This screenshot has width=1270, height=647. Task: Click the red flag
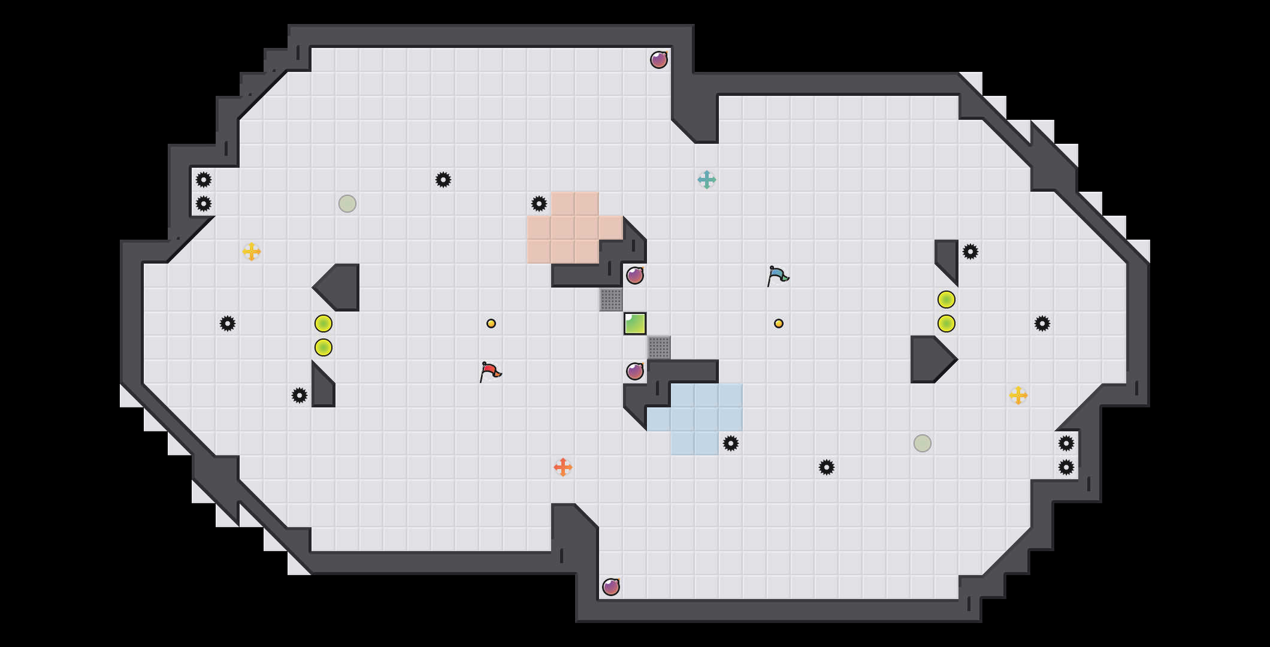pos(490,372)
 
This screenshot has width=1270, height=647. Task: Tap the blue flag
pos(778,276)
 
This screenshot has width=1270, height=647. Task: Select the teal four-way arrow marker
pos(707,180)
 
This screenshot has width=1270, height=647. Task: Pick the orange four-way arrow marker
pos(563,467)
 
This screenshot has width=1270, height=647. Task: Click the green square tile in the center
pos(635,323)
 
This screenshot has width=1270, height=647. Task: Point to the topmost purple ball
pos(659,60)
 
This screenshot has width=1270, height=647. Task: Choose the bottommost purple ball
pos(611,587)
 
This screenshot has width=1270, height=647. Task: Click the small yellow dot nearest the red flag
pos(491,323)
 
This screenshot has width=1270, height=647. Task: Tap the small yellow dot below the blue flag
pos(779,323)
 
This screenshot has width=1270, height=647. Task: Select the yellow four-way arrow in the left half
pos(252,252)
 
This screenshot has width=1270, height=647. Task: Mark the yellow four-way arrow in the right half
pos(1018,395)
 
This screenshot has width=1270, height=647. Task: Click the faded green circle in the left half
pos(347,204)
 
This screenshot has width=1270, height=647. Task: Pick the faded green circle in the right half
pos(923,443)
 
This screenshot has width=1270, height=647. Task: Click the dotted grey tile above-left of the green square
pos(611,300)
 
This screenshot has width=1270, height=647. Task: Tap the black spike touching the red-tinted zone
pos(539,204)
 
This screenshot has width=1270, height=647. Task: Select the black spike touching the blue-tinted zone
pos(731,443)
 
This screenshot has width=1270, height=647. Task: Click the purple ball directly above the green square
pos(635,276)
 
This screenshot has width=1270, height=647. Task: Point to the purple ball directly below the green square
pos(635,371)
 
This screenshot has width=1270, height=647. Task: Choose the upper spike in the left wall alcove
pos(204,180)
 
